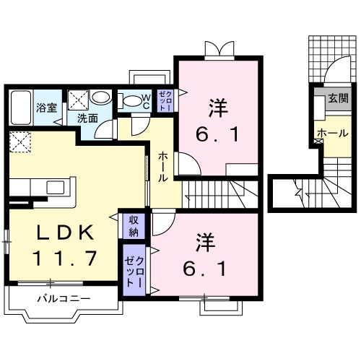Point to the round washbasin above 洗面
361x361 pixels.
click(102, 98)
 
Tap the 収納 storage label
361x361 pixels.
click(135, 226)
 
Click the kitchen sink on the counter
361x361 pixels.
click(55, 188)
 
